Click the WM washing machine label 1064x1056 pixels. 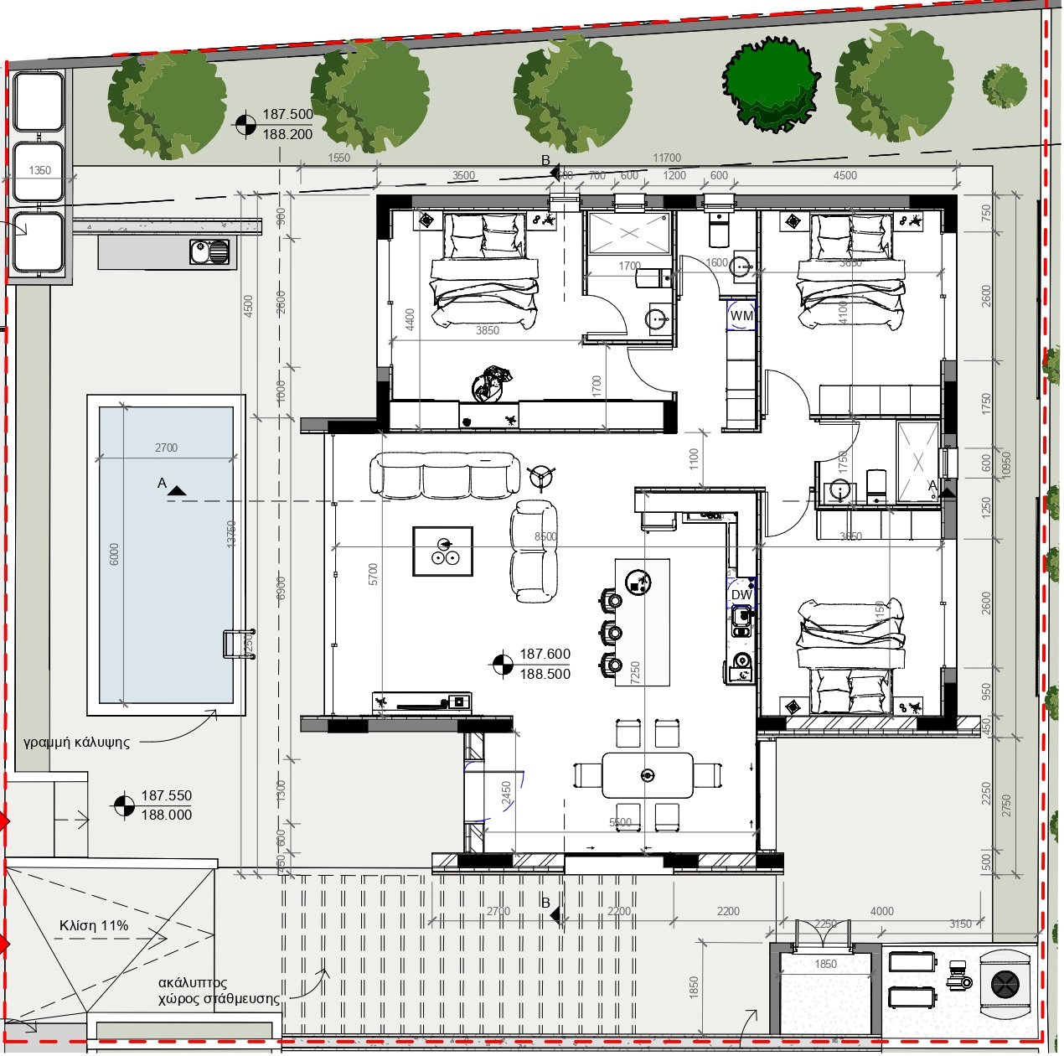pos(741,316)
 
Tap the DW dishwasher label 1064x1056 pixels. pos(741,595)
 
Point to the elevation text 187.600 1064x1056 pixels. pos(545,654)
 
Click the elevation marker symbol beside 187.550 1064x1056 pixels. pos(123,805)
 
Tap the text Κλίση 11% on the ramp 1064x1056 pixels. pos(94,926)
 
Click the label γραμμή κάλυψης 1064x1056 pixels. pos(77,743)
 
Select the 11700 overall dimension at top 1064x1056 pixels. pos(667,158)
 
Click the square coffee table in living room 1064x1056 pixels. pos(442,551)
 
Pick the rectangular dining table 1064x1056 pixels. pos(647,775)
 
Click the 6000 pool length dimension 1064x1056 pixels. pos(115,554)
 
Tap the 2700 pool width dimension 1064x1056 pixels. pos(166,448)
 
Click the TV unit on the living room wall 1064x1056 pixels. pos(422,702)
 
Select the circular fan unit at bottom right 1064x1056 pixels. pos(1004,984)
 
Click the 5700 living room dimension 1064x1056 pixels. pos(374,574)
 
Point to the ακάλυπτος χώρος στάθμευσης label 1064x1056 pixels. pos(218,991)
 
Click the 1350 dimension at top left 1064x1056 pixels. pos(39,170)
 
